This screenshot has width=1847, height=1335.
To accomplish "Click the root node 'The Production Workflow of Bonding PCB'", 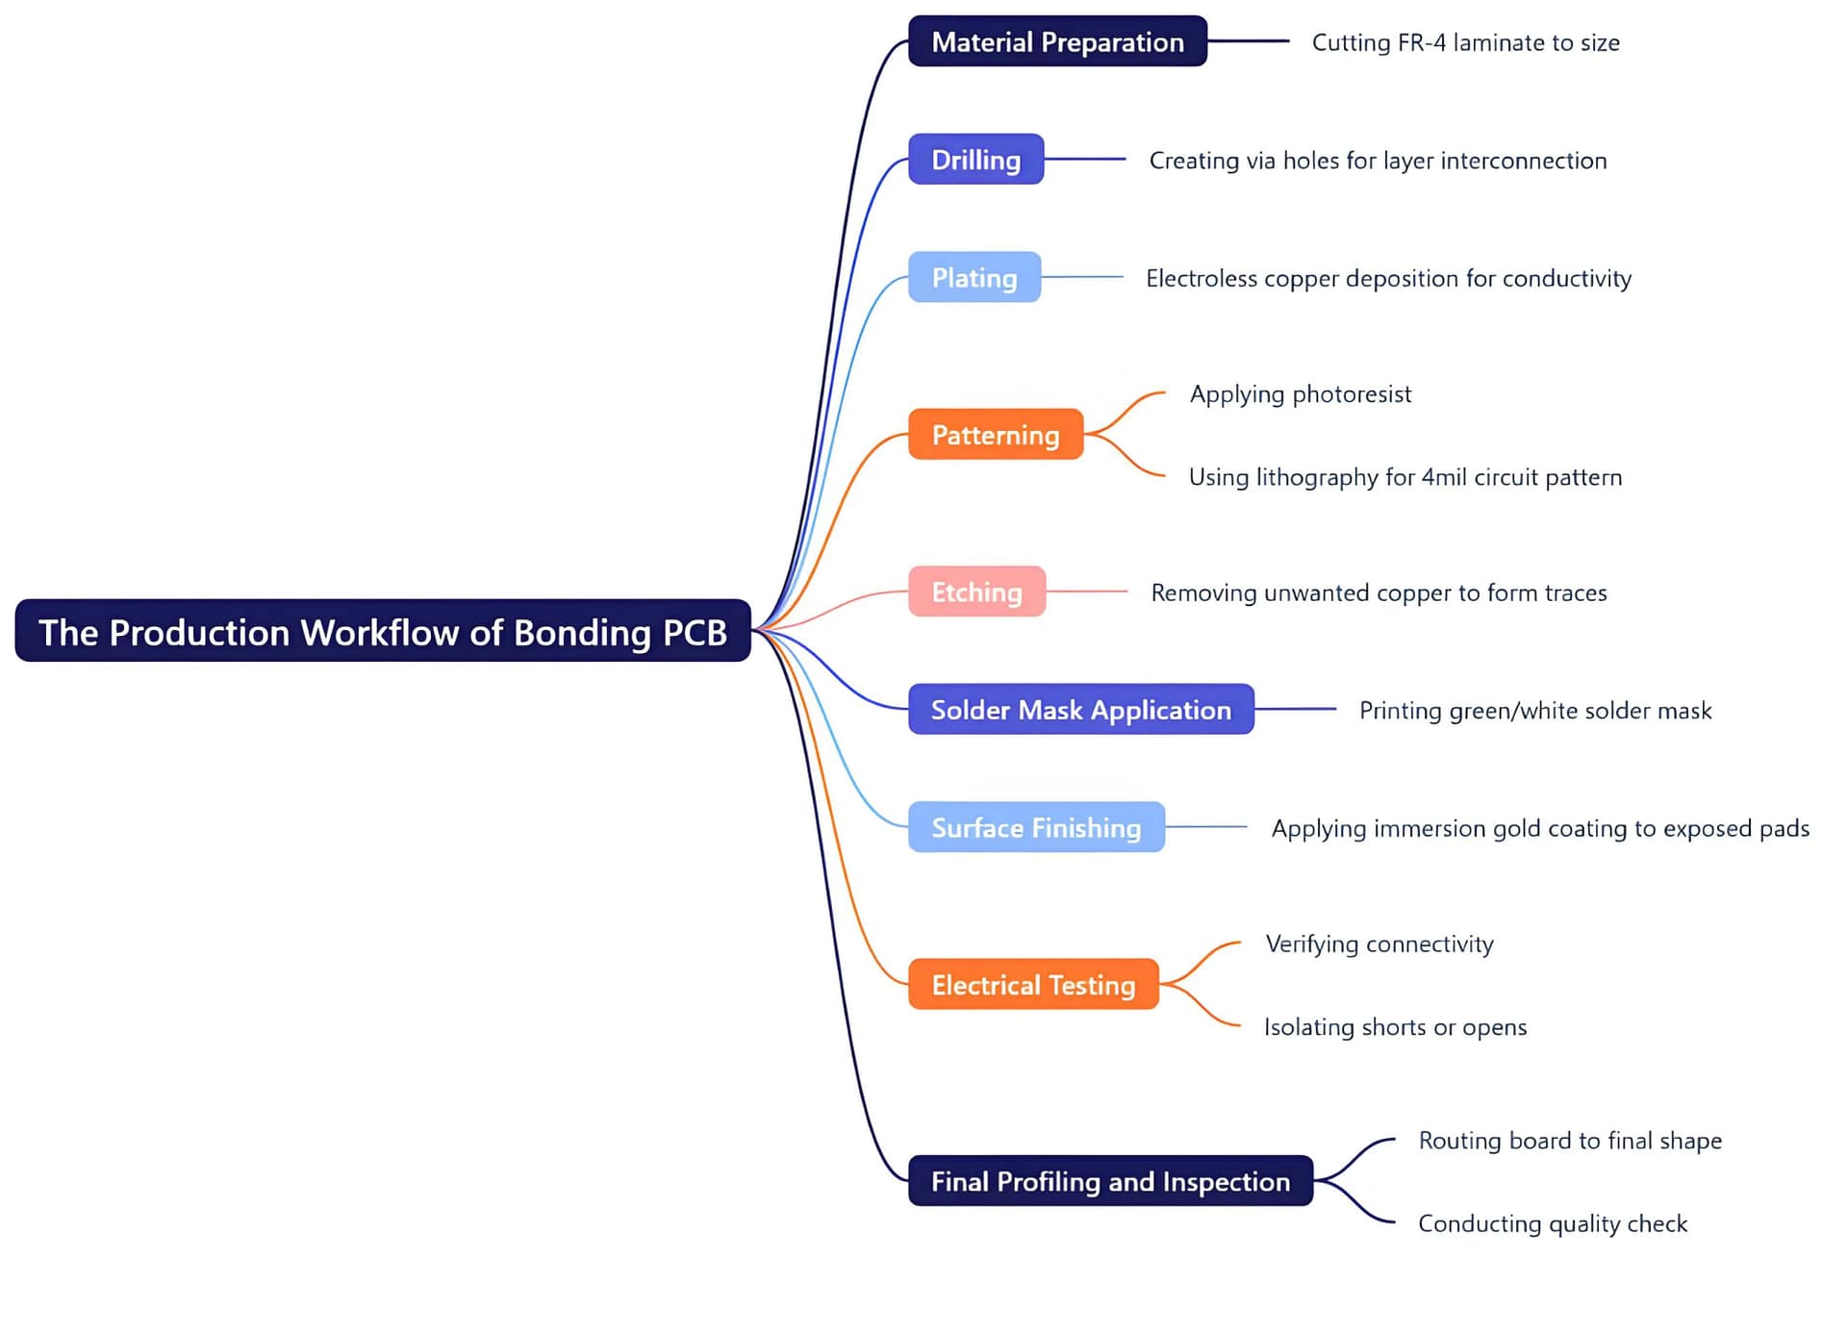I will (x=382, y=631).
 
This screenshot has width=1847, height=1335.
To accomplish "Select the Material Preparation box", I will (x=1056, y=41).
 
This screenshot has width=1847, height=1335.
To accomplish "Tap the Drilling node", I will (x=975, y=160).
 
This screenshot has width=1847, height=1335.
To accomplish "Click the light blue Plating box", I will (x=974, y=278).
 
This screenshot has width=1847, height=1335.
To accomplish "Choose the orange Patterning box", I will (x=995, y=435).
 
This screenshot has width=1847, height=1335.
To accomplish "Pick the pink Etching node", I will (x=976, y=592).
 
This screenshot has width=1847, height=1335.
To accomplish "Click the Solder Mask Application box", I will (x=1080, y=710).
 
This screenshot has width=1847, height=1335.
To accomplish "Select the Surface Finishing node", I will (x=1035, y=827).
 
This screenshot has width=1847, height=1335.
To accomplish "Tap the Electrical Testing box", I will (x=1032, y=985).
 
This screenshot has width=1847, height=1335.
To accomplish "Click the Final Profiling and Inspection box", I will (x=1109, y=1181).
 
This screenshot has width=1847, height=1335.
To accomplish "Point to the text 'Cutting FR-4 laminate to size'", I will (x=1465, y=43).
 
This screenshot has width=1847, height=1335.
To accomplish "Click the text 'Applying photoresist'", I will (x=1300, y=394).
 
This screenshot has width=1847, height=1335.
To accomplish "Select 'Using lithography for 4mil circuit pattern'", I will (x=1404, y=477).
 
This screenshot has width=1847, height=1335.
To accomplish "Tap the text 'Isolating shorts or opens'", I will (x=1394, y=1027).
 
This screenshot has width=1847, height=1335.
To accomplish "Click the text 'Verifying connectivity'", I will (x=1379, y=945).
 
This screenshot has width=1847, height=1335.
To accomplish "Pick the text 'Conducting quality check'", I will (x=1552, y=1223).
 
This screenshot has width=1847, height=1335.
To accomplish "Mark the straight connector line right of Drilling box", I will (x=1085, y=159).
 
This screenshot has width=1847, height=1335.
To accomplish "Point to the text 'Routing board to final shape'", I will (x=1569, y=1141).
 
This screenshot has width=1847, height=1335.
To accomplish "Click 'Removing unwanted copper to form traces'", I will (x=1378, y=592).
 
